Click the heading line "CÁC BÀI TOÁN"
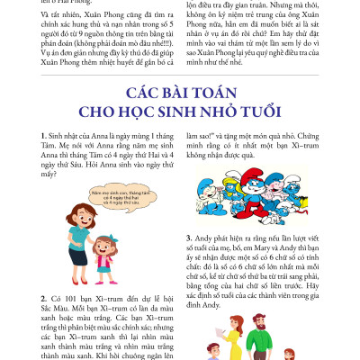[179, 94]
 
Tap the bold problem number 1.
[43, 134]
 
